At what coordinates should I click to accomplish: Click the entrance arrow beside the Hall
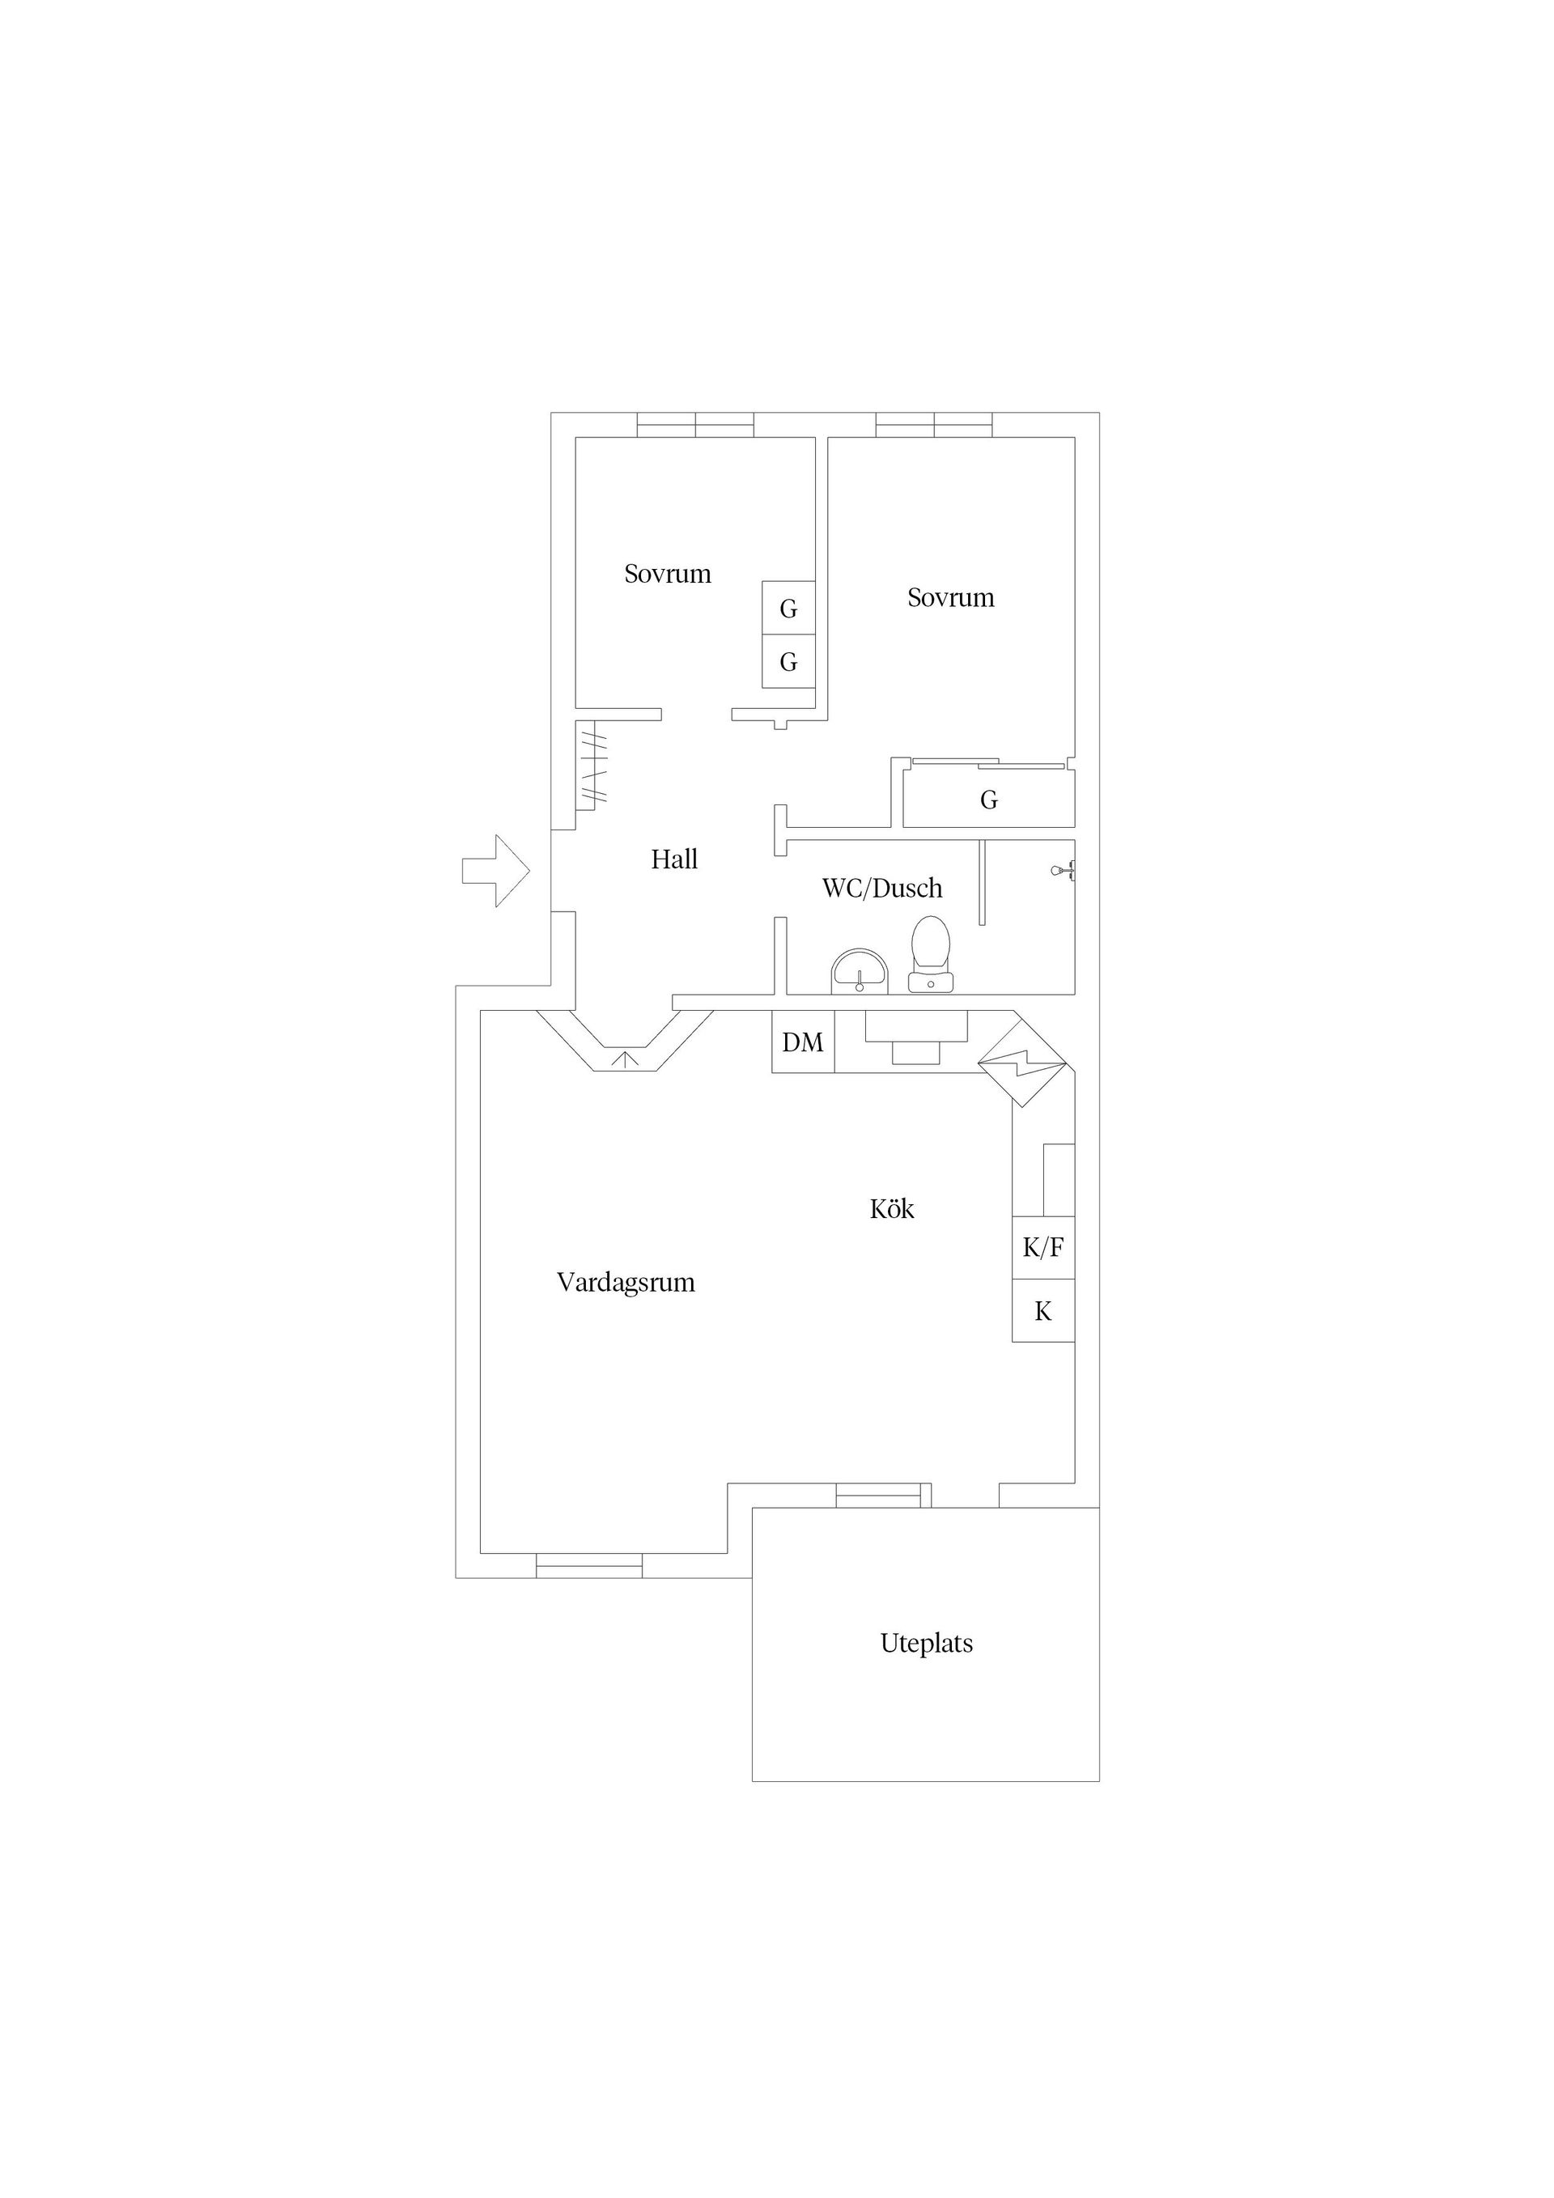496,870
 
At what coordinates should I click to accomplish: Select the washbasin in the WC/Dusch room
860,972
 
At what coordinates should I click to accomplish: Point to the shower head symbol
1064,870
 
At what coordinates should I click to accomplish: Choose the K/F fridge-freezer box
1043,1247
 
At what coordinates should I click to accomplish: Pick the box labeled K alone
1043,1310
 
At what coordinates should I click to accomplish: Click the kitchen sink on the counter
916,1037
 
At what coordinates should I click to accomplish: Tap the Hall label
674,859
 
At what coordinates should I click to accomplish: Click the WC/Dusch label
882,889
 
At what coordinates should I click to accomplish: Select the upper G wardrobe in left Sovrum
789,608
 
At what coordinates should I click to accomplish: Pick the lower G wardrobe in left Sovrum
789,661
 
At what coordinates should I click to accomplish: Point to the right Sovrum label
951,597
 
